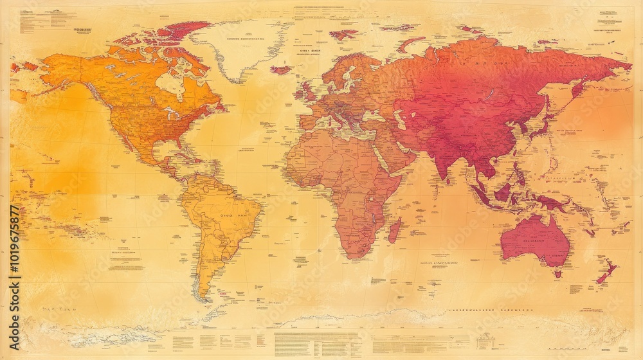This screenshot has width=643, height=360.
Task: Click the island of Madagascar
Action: [x=395, y=230]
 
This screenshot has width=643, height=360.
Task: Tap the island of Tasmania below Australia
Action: [x=557, y=273]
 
